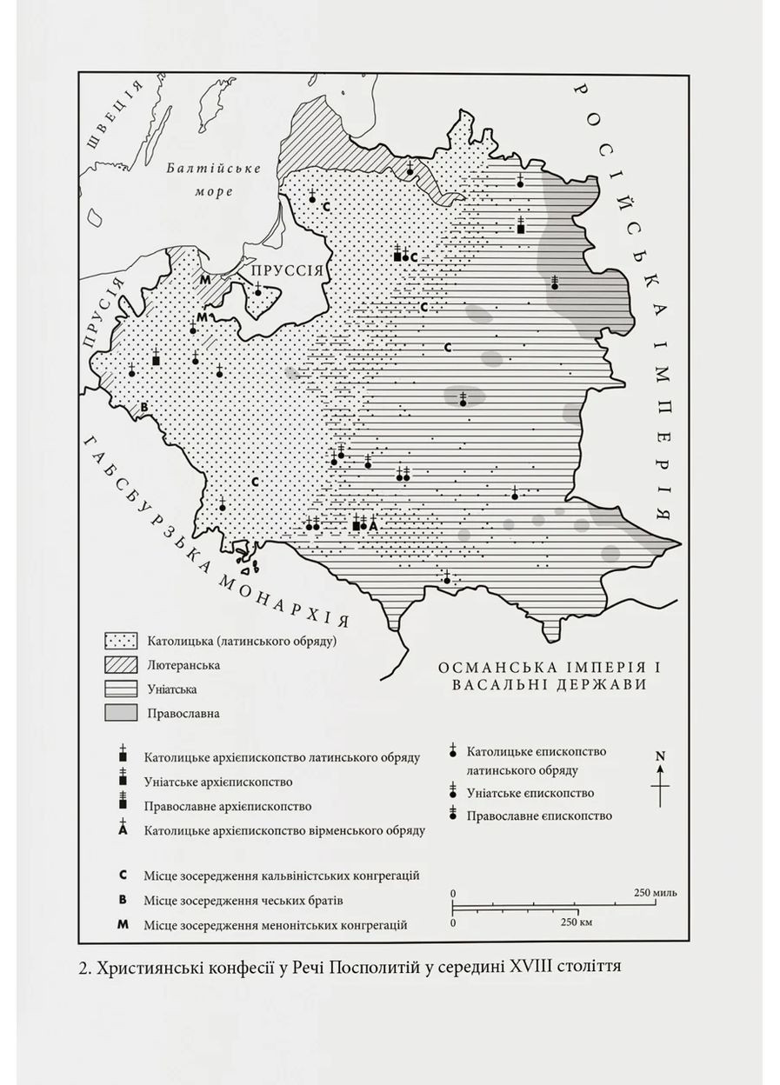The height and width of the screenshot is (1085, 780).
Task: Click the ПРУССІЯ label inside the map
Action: click(287, 271)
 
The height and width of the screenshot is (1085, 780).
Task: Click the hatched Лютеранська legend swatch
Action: click(121, 665)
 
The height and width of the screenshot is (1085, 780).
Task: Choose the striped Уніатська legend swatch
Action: click(121, 689)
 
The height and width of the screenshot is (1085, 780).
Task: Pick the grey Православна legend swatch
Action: click(121, 714)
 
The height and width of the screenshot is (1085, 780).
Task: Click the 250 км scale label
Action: click(576, 922)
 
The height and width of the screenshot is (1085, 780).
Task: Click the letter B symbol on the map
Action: click(145, 407)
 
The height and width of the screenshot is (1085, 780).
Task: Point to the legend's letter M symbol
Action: click(123, 924)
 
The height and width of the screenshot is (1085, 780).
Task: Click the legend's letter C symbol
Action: click(123, 875)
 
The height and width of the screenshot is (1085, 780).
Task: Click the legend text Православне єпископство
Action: click(538, 816)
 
